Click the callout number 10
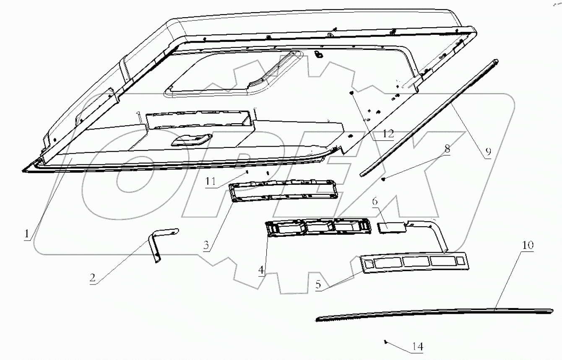(528, 245)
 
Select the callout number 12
(388, 134)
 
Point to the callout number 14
(417, 347)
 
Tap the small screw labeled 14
(385, 342)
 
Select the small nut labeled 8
(384, 179)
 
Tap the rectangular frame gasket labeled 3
(284, 191)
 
